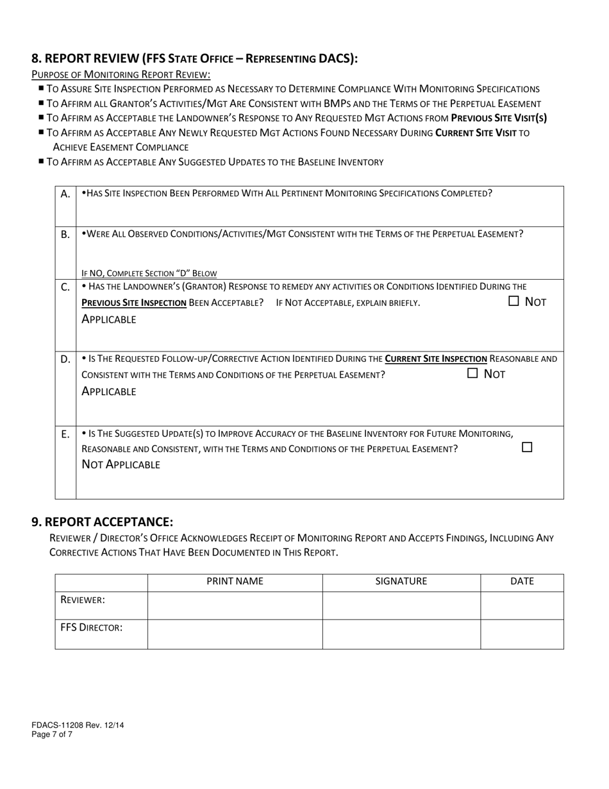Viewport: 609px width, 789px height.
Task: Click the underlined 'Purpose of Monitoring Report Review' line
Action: pos(121,74)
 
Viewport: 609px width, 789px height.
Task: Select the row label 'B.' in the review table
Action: pos(65,235)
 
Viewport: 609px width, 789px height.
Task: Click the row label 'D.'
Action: pos(65,359)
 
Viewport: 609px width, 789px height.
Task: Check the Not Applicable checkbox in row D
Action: pos(472,373)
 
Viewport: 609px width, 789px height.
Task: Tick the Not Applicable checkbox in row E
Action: pos(527,447)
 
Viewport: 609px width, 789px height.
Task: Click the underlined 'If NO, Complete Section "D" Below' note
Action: pos(149,273)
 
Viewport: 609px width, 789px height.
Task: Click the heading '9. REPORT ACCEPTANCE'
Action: pos(103,522)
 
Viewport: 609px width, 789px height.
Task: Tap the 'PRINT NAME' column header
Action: pos(235,582)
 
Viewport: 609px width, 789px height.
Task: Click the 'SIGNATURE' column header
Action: pos(401,582)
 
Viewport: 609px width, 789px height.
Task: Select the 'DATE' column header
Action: pos(522,582)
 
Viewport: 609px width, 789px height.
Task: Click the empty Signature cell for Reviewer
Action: pos(401,605)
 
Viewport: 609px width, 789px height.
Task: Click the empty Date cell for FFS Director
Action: pos(522,634)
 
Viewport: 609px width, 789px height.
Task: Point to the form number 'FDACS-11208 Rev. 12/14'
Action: pos(78,725)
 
